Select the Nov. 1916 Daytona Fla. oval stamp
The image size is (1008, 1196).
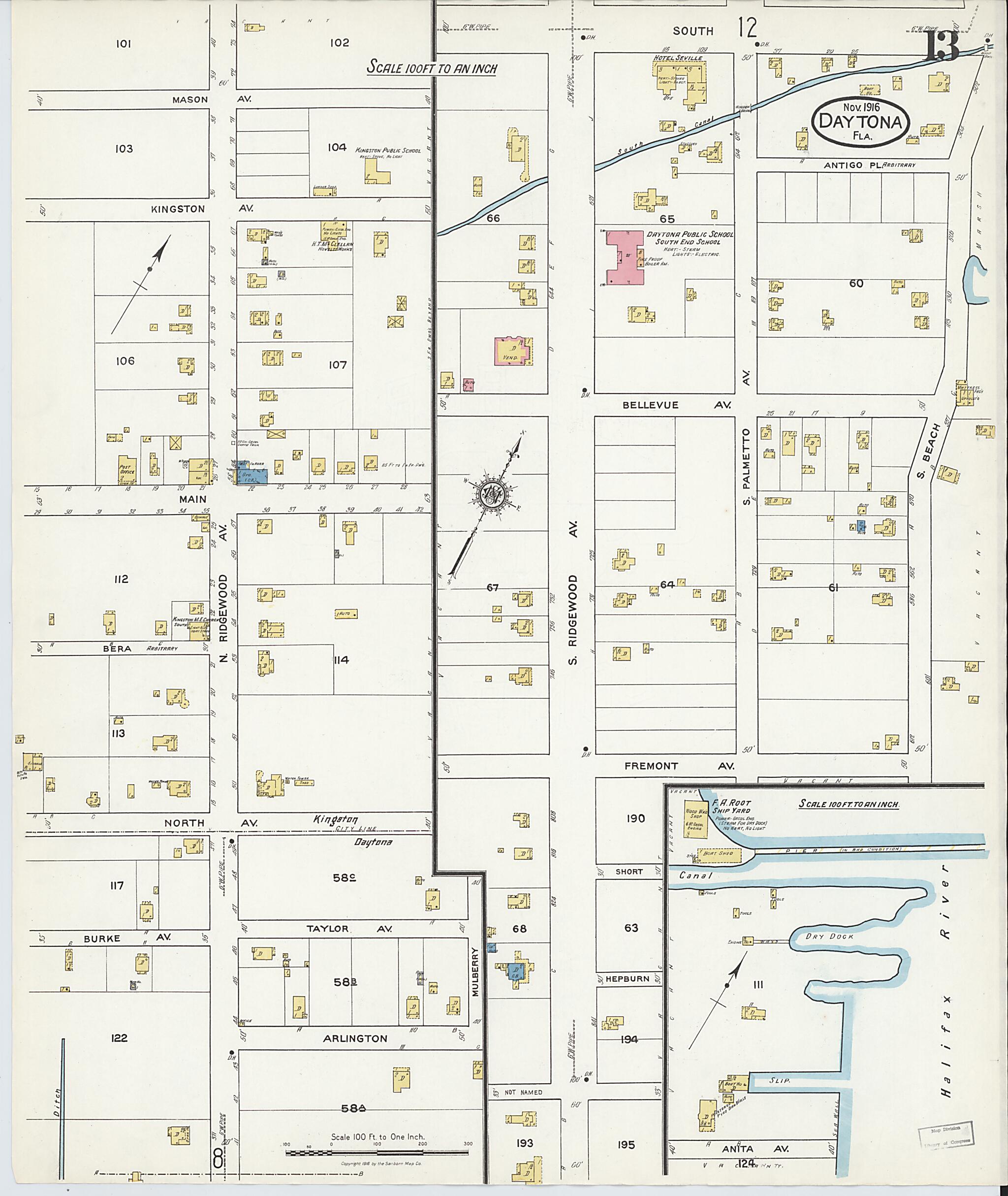pyautogui.click(x=859, y=121)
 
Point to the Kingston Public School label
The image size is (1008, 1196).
pyautogui.click(x=388, y=150)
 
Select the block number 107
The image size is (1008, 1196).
pyautogui.click(x=337, y=365)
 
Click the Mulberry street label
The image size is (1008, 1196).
pyautogui.click(x=476, y=972)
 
